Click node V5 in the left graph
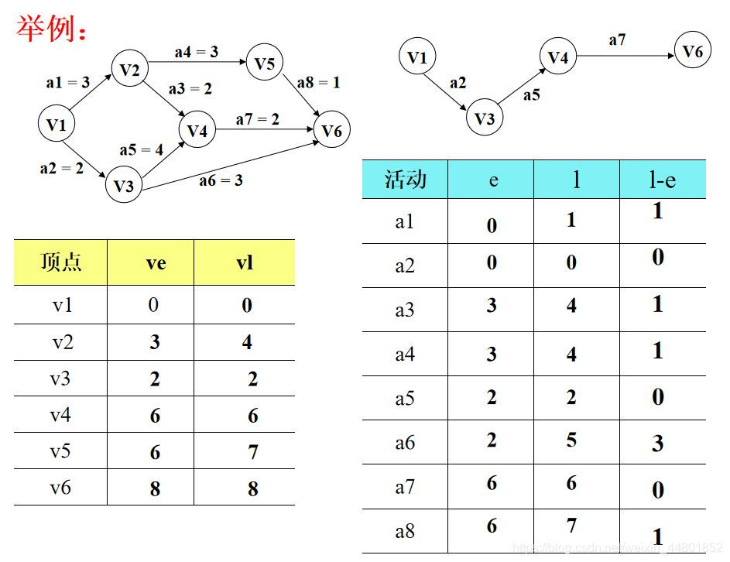(x=264, y=63)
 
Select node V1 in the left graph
(x=57, y=124)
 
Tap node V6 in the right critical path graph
(x=692, y=51)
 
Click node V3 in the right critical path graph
(x=484, y=118)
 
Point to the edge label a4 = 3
(x=196, y=52)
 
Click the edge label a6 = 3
(x=221, y=180)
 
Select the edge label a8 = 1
(x=318, y=82)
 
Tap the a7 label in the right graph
(x=617, y=40)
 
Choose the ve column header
(x=156, y=263)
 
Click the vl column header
(x=245, y=263)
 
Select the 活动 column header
(x=405, y=180)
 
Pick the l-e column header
(x=662, y=180)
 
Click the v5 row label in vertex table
(x=60, y=451)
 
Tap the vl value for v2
(x=247, y=342)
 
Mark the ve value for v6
(x=156, y=488)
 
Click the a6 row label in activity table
(x=405, y=443)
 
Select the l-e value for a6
(x=657, y=444)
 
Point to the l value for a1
(x=571, y=221)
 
